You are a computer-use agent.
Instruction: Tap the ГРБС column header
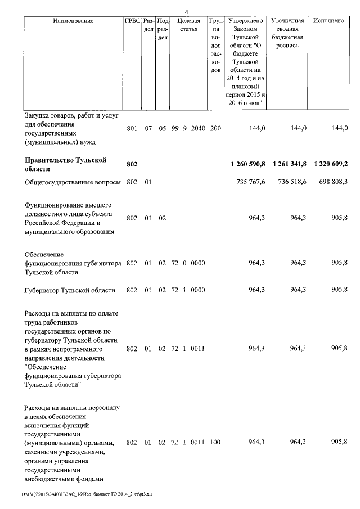click(132, 21)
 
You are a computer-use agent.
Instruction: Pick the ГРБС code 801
click(132, 128)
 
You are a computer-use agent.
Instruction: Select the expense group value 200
click(215, 128)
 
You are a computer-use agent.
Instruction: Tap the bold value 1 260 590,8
click(247, 164)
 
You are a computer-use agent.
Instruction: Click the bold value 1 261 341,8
click(289, 164)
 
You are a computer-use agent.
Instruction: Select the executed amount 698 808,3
click(332, 182)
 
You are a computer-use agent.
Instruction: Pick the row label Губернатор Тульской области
click(70, 290)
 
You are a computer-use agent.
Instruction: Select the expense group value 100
click(215, 443)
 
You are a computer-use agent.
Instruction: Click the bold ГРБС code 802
click(132, 164)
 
